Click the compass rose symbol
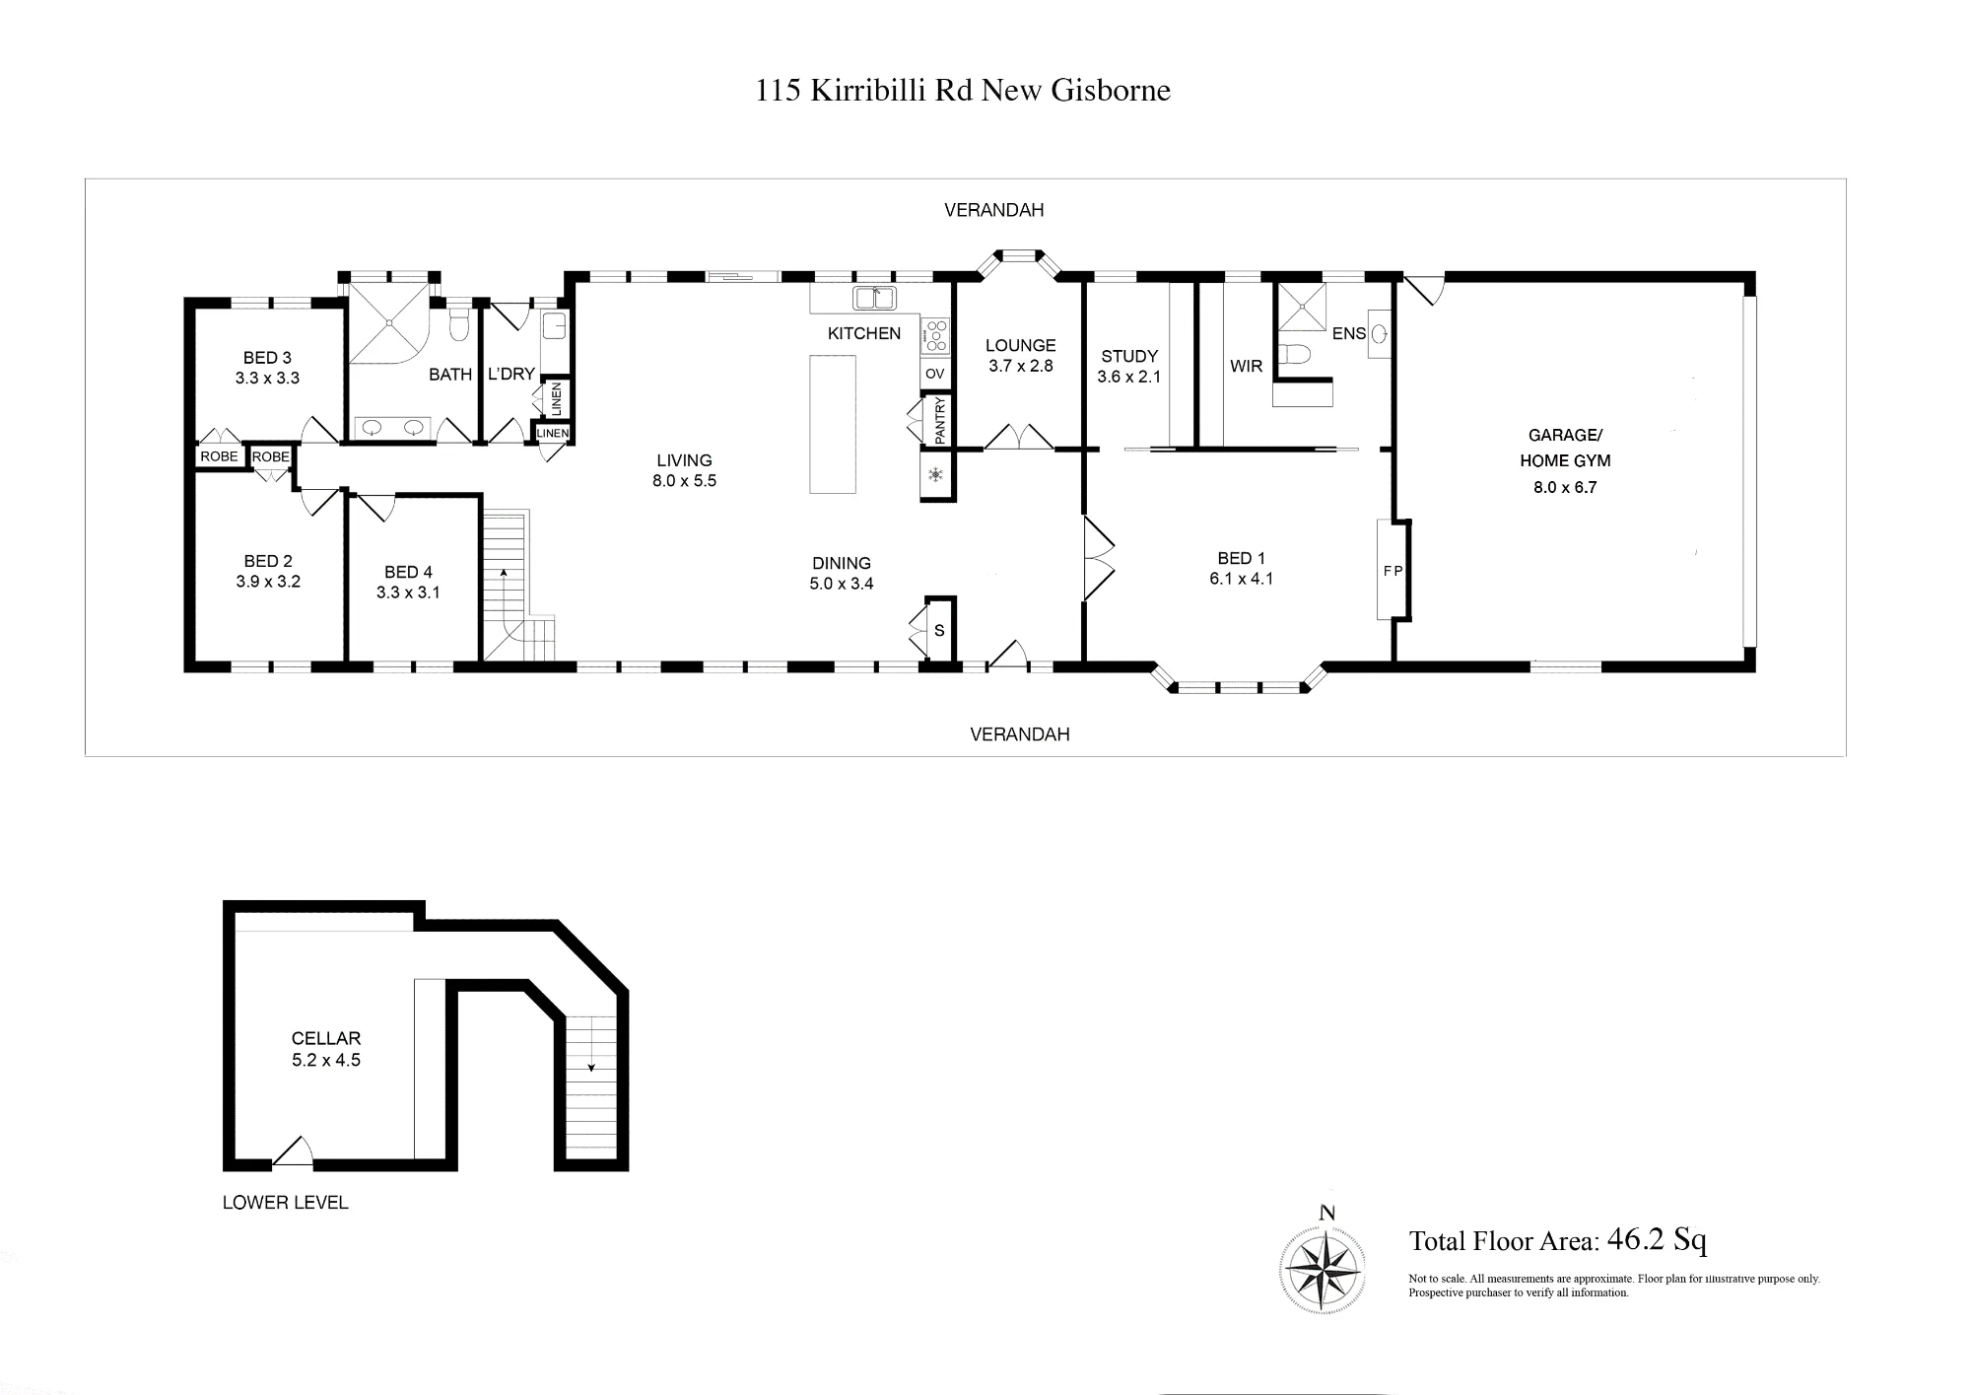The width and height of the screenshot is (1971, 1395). click(1323, 1270)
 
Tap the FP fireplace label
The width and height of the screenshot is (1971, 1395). click(1393, 571)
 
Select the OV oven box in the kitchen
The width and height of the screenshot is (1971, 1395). click(935, 374)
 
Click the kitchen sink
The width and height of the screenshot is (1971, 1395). click(874, 298)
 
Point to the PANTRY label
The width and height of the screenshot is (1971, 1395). click(939, 420)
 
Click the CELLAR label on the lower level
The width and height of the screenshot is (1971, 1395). click(326, 1038)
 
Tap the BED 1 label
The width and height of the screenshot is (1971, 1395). click(1241, 558)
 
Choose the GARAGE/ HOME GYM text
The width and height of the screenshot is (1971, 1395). click(1565, 448)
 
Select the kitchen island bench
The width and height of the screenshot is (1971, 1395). click(833, 424)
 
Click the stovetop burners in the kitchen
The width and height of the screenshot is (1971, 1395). click(935, 336)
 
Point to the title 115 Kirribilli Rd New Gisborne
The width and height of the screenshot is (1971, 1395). click(963, 91)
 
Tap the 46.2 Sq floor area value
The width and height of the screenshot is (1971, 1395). click(1657, 1239)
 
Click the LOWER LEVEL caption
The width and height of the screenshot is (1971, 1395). click(286, 1203)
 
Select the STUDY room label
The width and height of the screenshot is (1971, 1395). click(1129, 356)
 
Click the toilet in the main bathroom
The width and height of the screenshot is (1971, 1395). click(459, 325)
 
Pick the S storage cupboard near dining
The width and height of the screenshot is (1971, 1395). click(939, 630)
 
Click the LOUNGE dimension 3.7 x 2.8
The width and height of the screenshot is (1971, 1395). click(1020, 366)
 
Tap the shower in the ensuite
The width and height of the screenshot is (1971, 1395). click(1301, 306)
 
